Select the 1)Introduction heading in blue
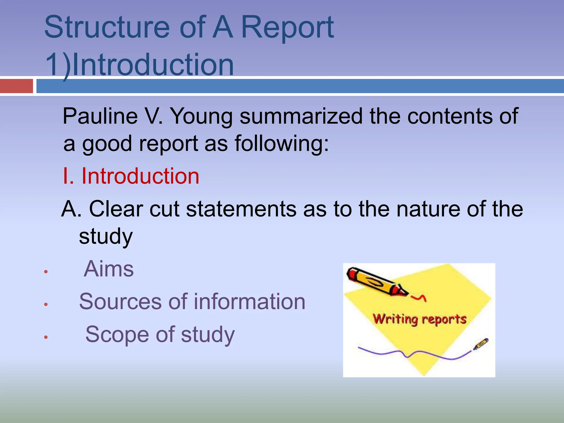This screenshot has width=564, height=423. tap(139, 65)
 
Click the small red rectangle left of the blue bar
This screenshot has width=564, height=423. tap(16, 86)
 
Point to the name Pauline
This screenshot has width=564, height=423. tap(100, 116)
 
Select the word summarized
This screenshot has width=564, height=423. tap(301, 116)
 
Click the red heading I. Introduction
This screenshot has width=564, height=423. tap(131, 176)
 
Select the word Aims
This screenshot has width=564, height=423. tap(109, 269)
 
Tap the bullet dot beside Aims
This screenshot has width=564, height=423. tap(46, 272)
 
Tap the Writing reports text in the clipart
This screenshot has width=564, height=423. tap(419, 319)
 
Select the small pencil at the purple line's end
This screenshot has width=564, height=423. tap(481, 344)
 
